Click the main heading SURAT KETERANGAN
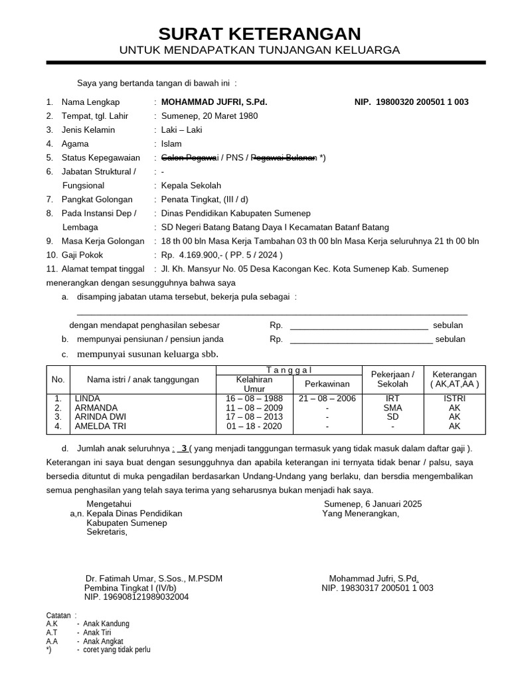coord(260,34)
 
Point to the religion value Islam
coord(171,144)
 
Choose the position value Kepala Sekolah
coord(191,186)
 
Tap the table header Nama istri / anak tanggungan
coord(143,380)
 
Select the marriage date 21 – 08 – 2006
coord(327,398)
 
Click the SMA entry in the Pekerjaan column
coord(392,408)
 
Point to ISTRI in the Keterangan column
coord(454,398)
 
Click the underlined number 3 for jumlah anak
coord(184,449)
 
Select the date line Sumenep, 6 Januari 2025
coord(368,504)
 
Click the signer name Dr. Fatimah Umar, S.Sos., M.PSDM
coord(154,579)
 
